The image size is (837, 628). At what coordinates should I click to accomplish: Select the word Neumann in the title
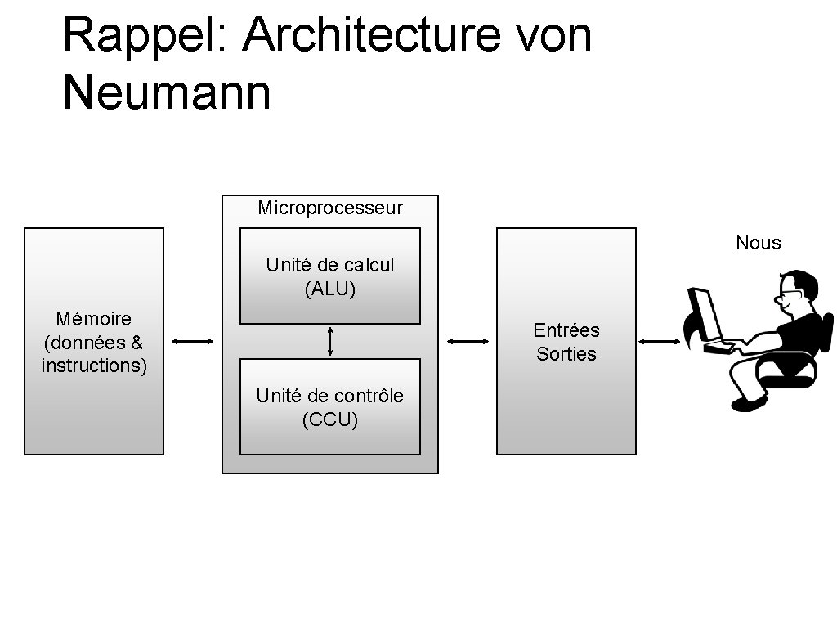pos(166,92)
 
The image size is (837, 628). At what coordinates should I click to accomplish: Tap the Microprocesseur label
pos(330,208)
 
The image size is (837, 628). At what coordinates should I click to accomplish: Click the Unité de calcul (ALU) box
pos(330,276)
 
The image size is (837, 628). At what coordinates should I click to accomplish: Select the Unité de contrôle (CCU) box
pos(330,407)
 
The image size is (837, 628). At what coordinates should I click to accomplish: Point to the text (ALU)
pos(330,289)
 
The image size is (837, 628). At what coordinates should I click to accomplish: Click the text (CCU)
pos(330,420)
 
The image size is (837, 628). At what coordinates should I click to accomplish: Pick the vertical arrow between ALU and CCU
pos(330,341)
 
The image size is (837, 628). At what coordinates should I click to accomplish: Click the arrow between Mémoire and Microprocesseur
pos(193,342)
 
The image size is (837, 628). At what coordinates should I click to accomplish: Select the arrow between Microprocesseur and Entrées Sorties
pos(468,342)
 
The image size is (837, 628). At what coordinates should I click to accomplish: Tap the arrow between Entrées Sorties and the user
pos(660,342)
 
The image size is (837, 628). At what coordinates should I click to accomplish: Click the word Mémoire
pos(93,318)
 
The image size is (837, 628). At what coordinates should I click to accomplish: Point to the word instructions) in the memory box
pos(94,366)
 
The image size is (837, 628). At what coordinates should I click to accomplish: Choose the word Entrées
pos(566,330)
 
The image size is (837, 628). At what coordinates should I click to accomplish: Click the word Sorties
pos(566,354)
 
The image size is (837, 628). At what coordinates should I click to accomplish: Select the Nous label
pos(758,243)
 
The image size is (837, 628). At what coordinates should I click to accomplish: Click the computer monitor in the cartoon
pos(705,315)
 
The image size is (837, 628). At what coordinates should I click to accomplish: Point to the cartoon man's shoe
pos(748,403)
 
